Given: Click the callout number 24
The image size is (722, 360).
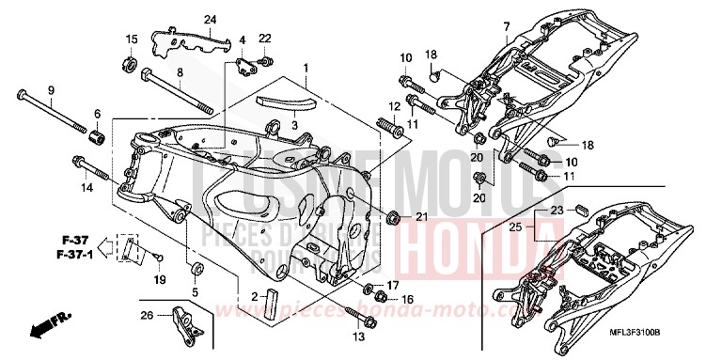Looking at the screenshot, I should click(210, 20).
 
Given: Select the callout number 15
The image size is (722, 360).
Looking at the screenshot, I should click(132, 39).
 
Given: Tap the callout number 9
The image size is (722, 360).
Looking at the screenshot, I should click(51, 90).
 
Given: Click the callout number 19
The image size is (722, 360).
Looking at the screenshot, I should click(160, 280).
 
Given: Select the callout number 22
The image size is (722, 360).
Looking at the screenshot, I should click(264, 38).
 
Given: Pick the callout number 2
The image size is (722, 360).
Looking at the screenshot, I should click(253, 297).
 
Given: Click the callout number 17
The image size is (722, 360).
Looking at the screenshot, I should click(394, 284).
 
